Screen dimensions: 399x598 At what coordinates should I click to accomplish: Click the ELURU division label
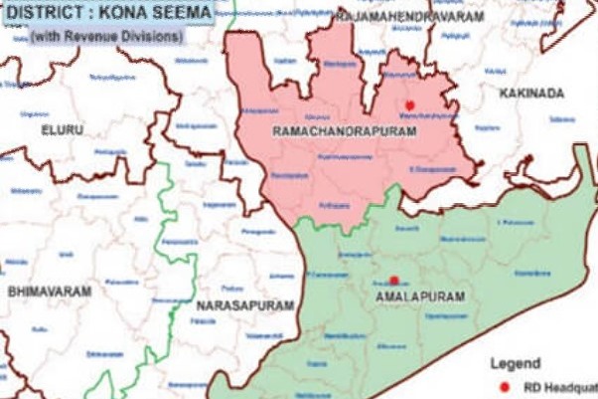tap(62, 130)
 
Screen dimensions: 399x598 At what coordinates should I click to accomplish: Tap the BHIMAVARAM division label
tap(50, 292)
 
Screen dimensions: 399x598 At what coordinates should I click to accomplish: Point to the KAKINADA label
tap(534, 93)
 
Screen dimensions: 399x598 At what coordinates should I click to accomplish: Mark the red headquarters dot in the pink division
tap(408, 104)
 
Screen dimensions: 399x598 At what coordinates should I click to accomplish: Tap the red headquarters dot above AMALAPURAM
tap(393, 280)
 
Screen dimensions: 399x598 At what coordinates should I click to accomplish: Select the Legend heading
tap(515, 363)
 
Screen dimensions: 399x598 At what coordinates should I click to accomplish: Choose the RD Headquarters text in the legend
tap(560, 387)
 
